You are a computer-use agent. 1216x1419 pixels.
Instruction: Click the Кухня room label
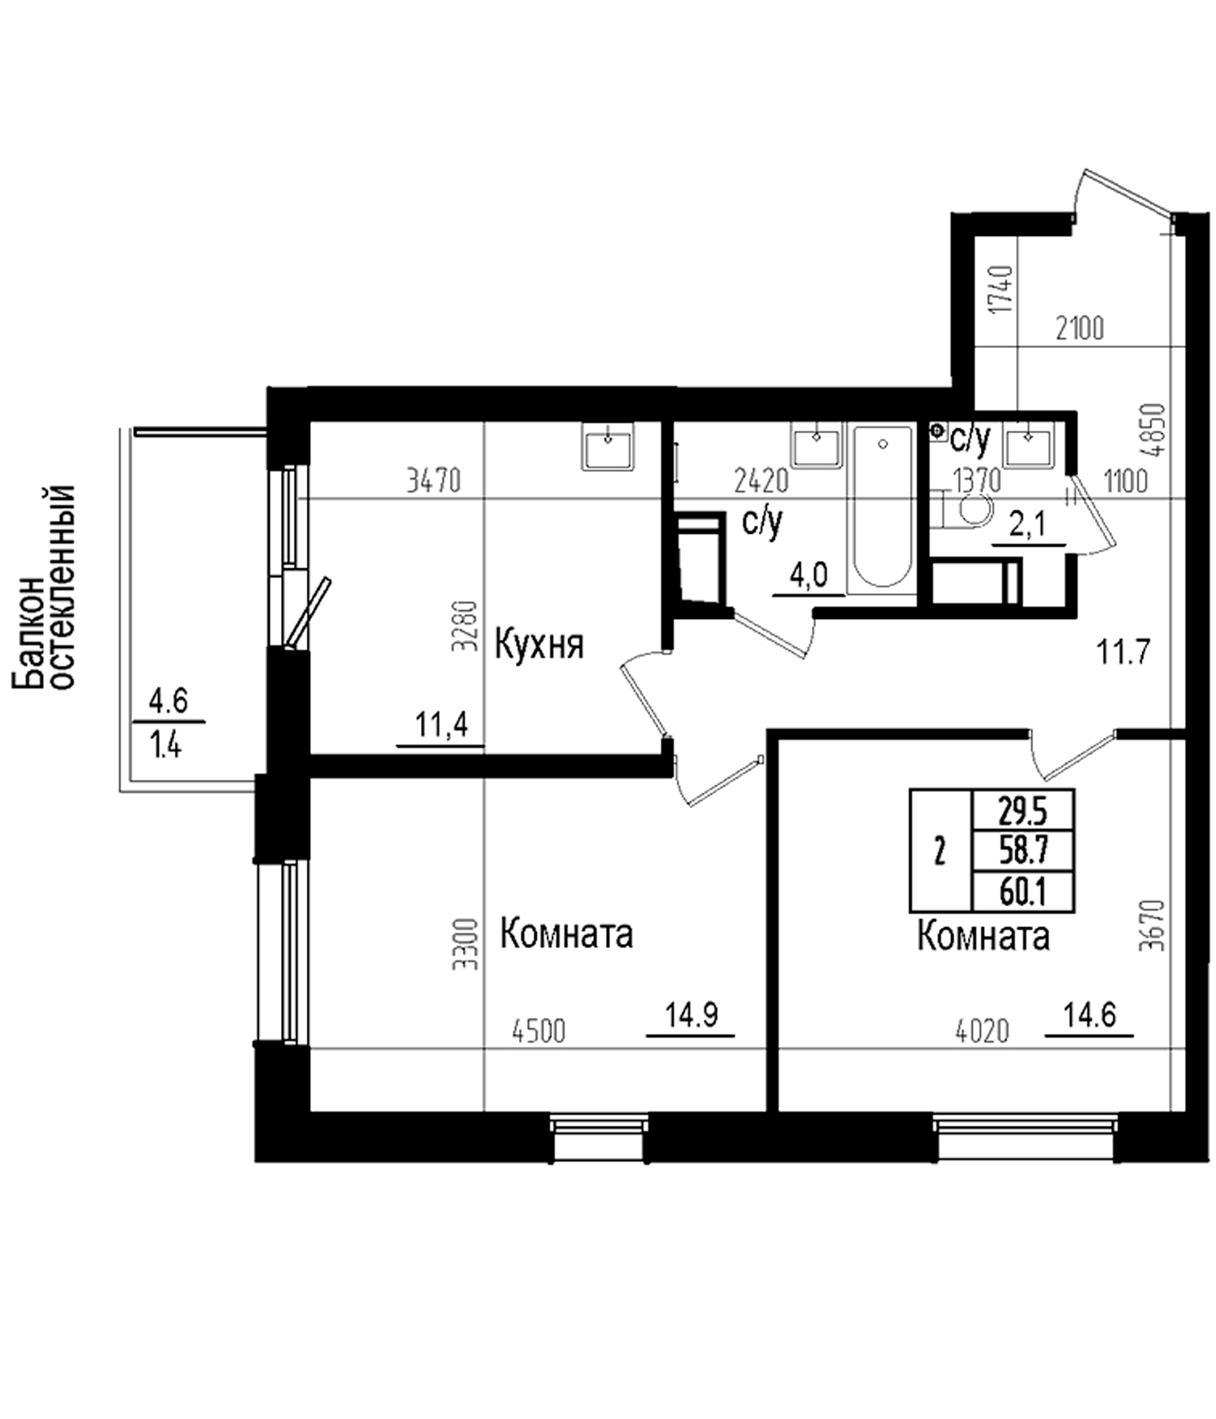tap(539, 645)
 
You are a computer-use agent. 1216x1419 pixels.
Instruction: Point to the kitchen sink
tap(607, 447)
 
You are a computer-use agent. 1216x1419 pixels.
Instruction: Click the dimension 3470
tap(434, 480)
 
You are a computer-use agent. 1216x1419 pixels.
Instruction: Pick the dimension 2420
tap(761, 480)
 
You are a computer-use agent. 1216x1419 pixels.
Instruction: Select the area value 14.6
tap(1089, 1014)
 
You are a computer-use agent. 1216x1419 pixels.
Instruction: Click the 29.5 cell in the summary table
tap(1023, 812)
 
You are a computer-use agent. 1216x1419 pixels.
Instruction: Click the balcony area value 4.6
tap(168, 701)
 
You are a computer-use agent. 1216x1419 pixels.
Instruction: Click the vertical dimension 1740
tap(1002, 289)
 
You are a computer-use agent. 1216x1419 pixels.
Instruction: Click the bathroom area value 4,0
tap(809, 576)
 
